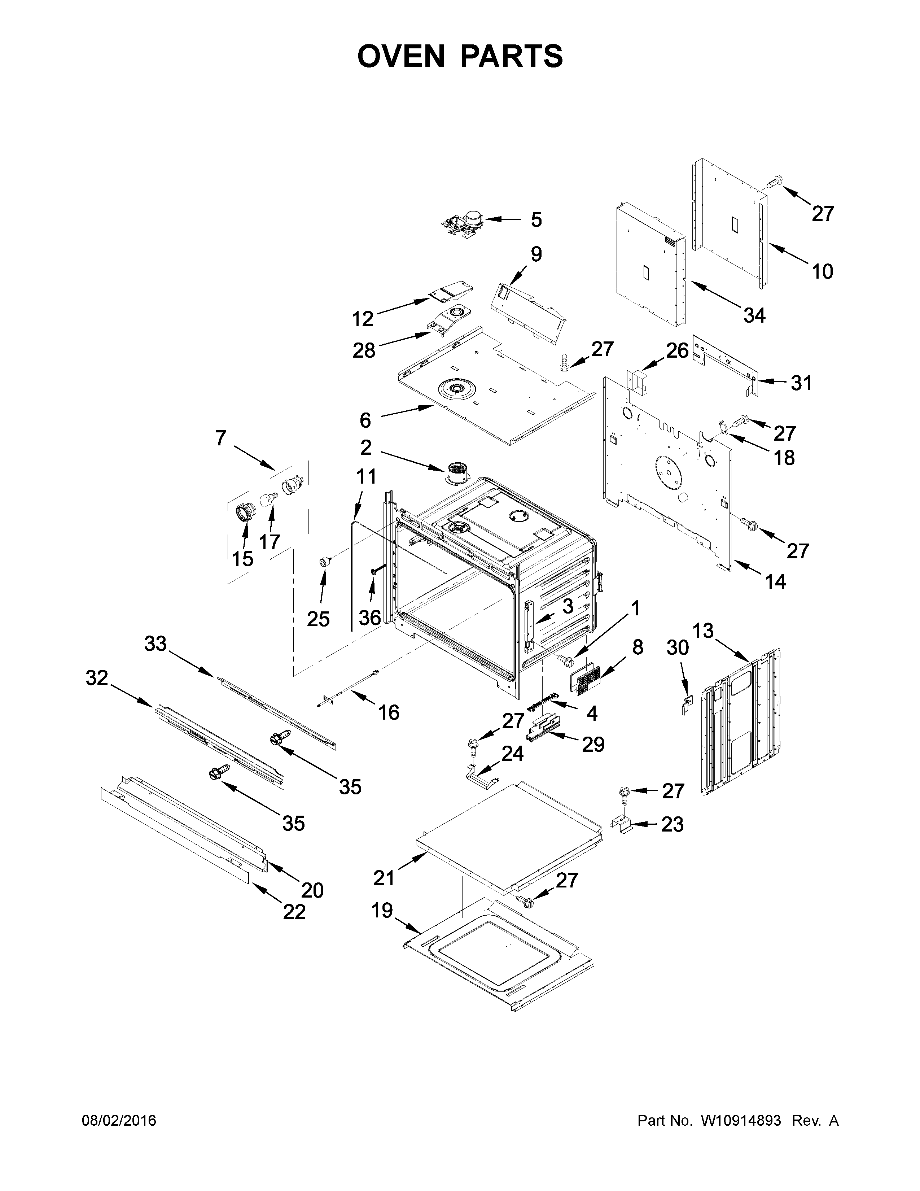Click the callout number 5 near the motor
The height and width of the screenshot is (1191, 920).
tap(536, 220)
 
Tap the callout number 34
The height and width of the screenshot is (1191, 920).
tap(754, 315)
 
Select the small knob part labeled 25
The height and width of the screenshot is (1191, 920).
tap(326, 561)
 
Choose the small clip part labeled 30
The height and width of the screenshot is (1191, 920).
tap(685, 705)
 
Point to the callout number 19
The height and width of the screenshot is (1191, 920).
tap(382, 910)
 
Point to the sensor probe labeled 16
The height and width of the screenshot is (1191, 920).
tap(349, 689)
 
